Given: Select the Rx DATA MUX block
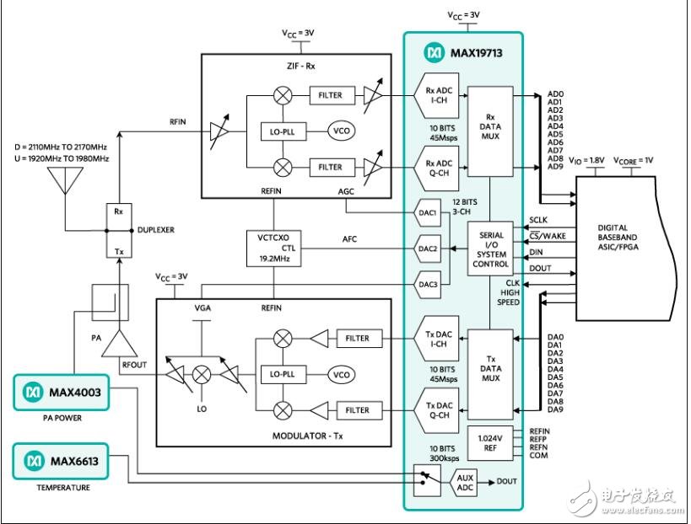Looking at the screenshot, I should tap(490, 131).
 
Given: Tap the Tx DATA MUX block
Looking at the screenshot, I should tap(490, 372).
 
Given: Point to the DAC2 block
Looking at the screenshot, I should tap(429, 249).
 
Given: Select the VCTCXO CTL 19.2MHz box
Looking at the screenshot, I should tap(268, 249).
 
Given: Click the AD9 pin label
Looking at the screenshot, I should tap(554, 167).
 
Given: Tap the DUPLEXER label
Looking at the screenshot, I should tap(157, 228).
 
